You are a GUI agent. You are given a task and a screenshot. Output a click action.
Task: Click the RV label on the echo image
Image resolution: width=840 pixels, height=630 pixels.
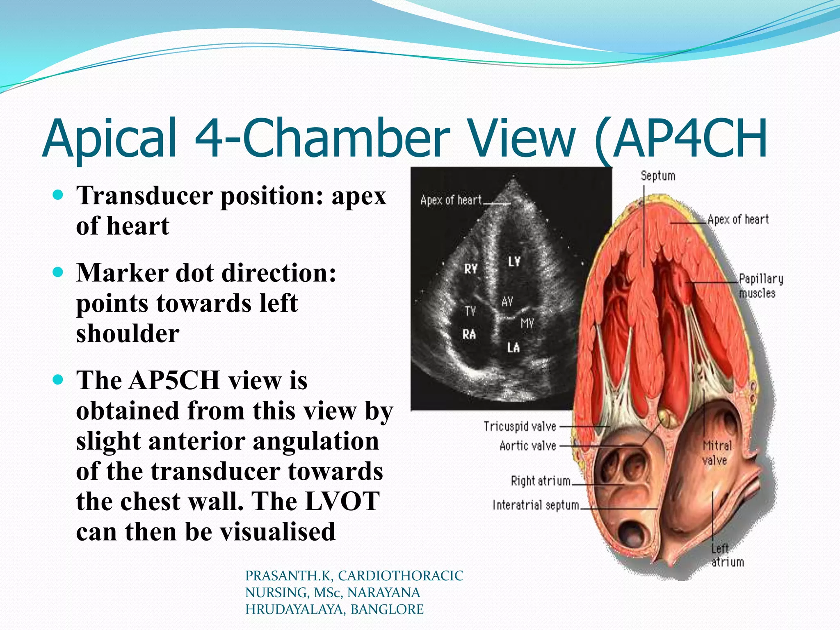point(470,269)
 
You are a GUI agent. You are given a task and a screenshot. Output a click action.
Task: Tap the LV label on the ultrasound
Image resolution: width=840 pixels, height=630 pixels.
point(514,261)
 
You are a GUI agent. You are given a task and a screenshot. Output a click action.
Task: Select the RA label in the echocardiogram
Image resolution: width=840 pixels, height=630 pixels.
point(469,334)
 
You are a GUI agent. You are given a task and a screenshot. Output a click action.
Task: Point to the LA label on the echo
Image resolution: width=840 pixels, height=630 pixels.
point(513,348)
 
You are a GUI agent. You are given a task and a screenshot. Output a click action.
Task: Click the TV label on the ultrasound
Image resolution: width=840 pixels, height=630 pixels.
point(470,311)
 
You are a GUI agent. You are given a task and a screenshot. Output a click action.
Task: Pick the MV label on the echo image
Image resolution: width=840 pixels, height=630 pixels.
point(527,324)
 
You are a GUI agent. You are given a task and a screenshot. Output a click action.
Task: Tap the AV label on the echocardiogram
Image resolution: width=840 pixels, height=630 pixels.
point(507,302)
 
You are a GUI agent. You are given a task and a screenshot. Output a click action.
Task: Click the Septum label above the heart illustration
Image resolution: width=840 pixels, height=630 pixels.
point(658,176)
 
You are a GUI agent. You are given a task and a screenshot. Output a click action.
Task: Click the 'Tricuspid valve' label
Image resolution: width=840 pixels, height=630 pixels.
point(520,427)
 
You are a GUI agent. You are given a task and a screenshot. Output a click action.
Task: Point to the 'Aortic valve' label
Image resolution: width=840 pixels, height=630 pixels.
point(527,445)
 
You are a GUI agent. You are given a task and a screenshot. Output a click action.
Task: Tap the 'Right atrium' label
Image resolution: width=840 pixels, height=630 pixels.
point(540,481)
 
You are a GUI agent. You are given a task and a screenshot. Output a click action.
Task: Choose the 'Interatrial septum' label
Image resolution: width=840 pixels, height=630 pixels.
point(536,505)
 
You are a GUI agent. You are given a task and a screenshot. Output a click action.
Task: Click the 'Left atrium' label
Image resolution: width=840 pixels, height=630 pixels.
point(727,555)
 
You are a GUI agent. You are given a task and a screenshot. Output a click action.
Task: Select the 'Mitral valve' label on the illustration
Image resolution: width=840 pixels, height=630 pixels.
point(717,453)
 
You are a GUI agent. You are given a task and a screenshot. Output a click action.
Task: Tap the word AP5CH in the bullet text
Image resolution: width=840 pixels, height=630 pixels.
point(174,380)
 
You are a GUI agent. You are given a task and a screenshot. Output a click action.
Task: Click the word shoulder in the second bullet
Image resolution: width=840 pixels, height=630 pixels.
point(128,333)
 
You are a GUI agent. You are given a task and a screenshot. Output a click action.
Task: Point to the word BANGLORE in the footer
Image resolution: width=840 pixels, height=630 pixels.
point(387,609)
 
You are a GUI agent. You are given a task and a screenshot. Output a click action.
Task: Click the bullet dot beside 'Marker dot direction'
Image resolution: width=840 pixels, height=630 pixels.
point(58,272)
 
